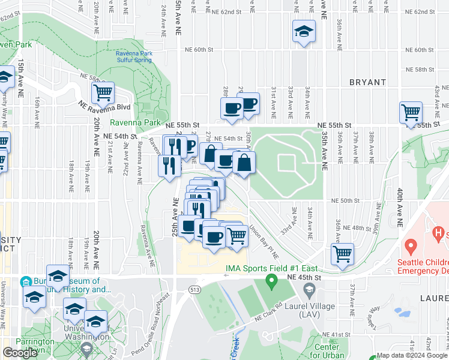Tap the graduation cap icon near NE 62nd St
(x=304, y=32)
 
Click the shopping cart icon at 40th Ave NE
(x=411, y=112)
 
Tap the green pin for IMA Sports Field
(x=271, y=280)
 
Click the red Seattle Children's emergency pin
(x=411, y=245)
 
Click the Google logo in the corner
(x=20, y=353)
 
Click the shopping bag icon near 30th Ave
(x=244, y=163)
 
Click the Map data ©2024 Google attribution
(x=412, y=355)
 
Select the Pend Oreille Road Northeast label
(x=157, y=319)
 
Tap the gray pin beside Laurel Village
(x=309, y=291)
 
